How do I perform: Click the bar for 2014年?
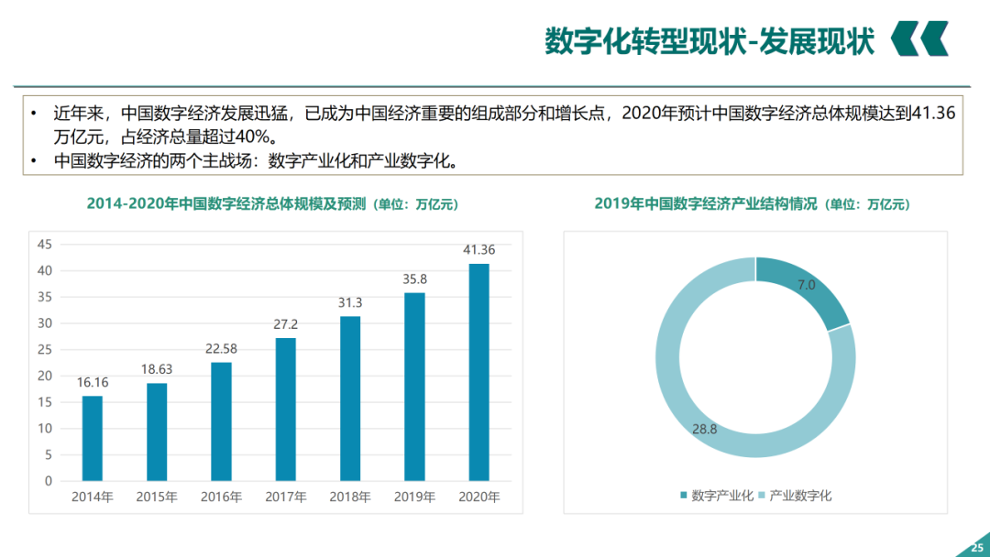[x=92, y=438]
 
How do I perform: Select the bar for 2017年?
[x=285, y=409]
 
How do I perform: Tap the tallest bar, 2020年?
[x=478, y=372]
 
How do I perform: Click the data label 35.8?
[x=414, y=278]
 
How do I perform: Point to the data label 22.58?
[x=221, y=348]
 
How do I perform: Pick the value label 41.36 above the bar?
[x=478, y=249]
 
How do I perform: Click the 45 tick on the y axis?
[x=45, y=245]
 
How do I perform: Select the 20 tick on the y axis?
[x=45, y=376]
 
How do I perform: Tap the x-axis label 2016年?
[x=221, y=497]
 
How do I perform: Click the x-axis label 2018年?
[x=350, y=497]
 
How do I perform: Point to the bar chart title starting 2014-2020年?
[x=271, y=204]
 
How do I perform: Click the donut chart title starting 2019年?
[x=752, y=204]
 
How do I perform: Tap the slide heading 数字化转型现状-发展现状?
[x=709, y=40]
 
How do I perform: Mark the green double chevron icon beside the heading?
[x=920, y=39]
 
